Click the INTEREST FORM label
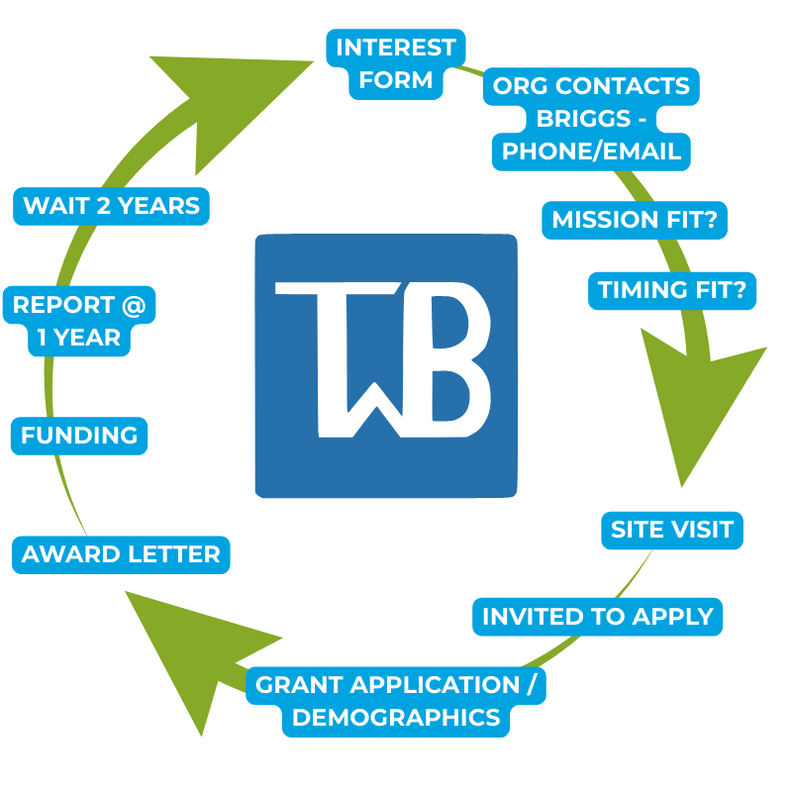(x=395, y=63)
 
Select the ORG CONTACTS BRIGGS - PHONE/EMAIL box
(x=591, y=119)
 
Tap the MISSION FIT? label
(x=635, y=220)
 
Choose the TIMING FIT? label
(x=677, y=291)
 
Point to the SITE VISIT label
(x=672, y=530)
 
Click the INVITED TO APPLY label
(x=598, y=617)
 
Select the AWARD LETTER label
(x=121, y=554)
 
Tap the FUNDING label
(x=79, y=436)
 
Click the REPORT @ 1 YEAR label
(x=79, y=321)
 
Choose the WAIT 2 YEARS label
(x=111, y=206)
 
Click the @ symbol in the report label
(x=134, y=305)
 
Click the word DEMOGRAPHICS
(x=396, y=718)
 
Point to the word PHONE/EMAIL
(x=591, y=151)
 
